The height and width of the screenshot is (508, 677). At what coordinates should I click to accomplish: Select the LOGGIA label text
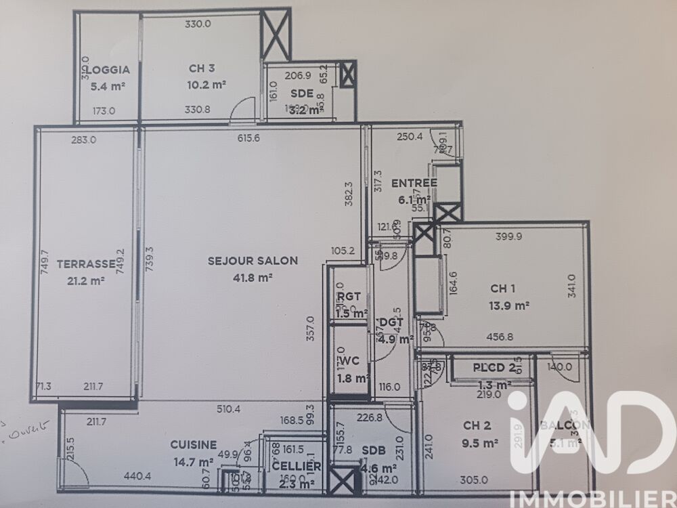104,69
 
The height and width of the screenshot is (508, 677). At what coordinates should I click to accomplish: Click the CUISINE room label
193,445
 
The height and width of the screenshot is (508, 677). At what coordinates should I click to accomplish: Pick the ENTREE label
414,183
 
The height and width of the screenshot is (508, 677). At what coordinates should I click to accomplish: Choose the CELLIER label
296,467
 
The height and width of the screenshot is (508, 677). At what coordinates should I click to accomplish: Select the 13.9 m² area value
509,305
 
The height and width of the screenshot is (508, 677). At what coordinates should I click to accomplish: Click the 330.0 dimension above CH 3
198,24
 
